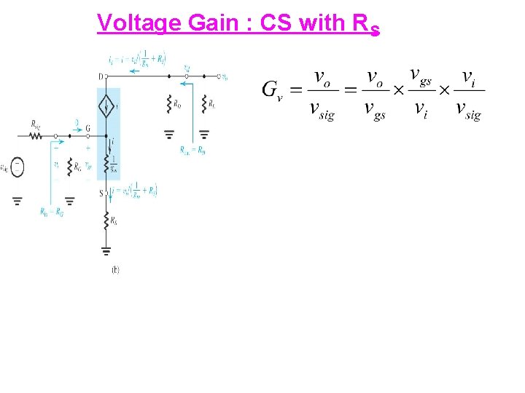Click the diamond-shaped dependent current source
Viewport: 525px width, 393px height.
click(106, 110)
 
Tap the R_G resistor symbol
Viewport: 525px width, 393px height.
click(69, 167)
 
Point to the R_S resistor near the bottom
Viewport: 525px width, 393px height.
click(106, 221)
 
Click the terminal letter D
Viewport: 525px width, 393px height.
click(100, 76)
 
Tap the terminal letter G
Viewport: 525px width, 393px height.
click(87, 128)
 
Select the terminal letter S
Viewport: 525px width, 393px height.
click(101, 193)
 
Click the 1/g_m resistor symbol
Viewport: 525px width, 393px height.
click(106, 162)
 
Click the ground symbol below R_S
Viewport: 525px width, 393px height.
click(106, 252)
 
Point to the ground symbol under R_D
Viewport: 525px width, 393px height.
click(169, 134)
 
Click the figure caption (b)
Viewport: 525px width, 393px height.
click(115, 270)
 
